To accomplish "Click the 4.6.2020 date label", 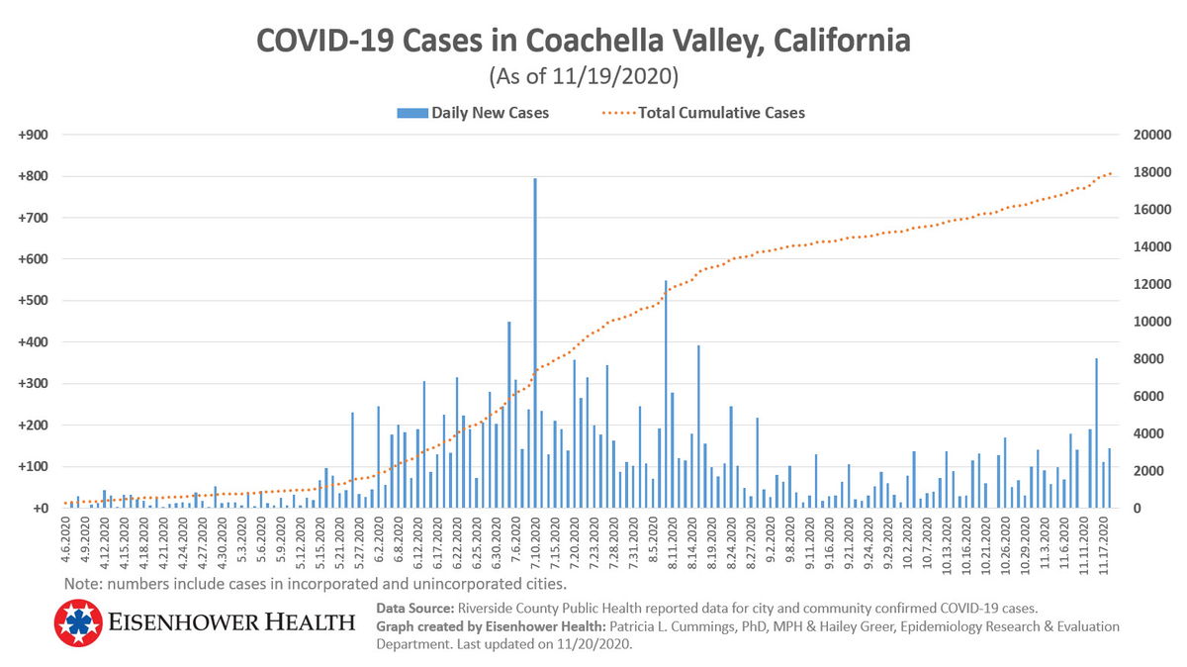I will [66, 543].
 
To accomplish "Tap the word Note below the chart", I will [83, 583].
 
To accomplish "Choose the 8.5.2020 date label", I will [653, 543].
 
